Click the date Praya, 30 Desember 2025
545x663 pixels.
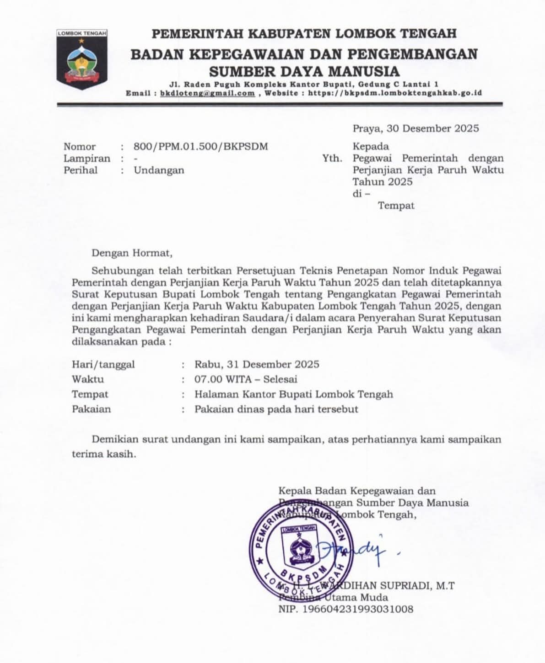415,128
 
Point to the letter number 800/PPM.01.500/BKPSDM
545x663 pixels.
201,147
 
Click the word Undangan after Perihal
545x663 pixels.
159,170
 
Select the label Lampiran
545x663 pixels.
87,159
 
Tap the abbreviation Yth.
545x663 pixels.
332,159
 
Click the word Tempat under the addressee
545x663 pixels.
396,206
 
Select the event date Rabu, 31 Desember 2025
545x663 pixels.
257,365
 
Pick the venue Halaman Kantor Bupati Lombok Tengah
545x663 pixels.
293,394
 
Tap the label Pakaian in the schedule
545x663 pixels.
92,409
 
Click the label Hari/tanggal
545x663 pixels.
103,365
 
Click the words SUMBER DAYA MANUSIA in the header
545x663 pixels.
304,72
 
